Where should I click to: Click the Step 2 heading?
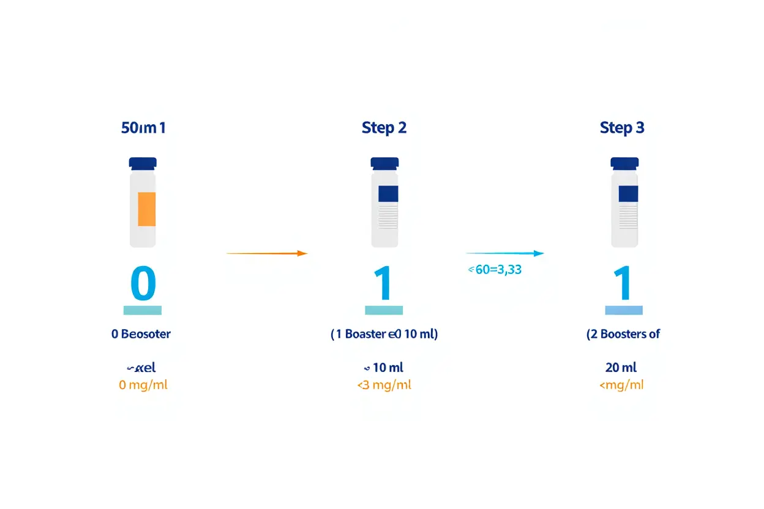point(384,128)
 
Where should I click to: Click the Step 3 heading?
point(622,128)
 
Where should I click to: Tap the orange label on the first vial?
point(146,209)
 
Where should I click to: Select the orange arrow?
point(266,253)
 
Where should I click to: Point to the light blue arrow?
point(504,253)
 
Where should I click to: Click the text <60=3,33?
point(495,269)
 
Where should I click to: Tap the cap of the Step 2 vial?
point(384,163)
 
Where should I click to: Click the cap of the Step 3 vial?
point(624,163)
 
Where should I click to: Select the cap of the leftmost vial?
point(143,163)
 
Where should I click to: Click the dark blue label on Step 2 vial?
point(388,194)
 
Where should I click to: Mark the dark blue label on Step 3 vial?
point(628,194)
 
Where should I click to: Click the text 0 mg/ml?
point(143,385)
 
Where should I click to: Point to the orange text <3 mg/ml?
point(384,385)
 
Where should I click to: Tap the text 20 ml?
point(621,367)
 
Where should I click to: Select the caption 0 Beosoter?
point(141,334)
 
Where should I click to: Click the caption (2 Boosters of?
point(623,334)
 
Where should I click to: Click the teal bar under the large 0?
point(143,310)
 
